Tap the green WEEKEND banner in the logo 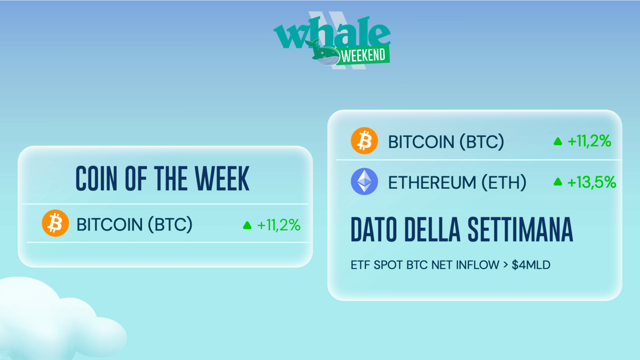pyautogui.click(x=363, y=55)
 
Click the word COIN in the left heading pyautogui.click(x=96, y=179)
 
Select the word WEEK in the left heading pyautogui.click(x=222, y=179)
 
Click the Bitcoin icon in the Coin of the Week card pyautogui.click(x=55, y=223)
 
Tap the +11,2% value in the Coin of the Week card pyautogui.click(x=279, y=225)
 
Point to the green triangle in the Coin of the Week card pyautogui.click(x=247, y=225)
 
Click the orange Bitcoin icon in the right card pyautogui.click(x=364, y=141)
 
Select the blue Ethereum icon pyautogui.click(x=364, y=181)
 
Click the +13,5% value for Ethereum pyautogui.click(x=592, y=182)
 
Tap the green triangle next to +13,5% pyautogui.click(x=558, y=182)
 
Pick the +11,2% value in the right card pyautogui.click(x=589, y=141)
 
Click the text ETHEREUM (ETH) pyautogui.click(x=457, y=183)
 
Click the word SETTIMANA pyautogui.click(x=520, y=229)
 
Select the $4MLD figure pyautogui.click(x=531, y=265)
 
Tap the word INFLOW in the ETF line pyautogui.click(x=478, y=265)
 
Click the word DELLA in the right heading pyautogui.click(x=432, y=229)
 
